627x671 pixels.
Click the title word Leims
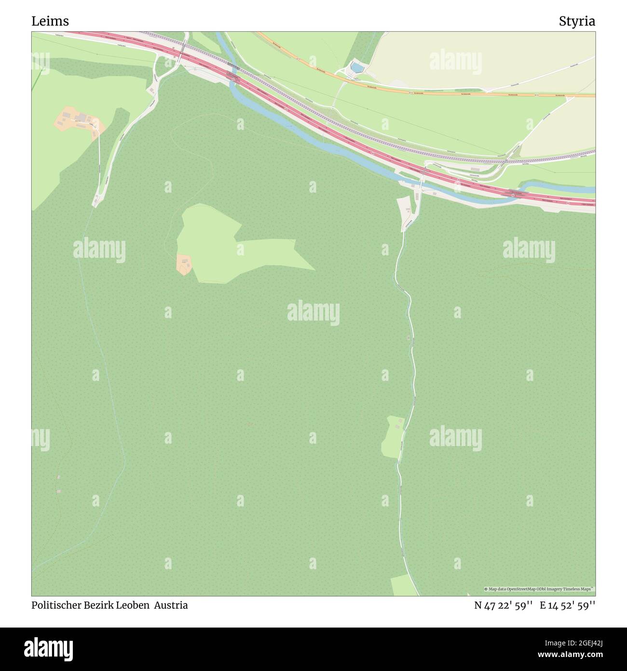[50, 21]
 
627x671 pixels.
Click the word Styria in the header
[577, 21]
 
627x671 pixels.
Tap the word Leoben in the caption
[134, 605]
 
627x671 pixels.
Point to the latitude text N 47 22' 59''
[503, 605]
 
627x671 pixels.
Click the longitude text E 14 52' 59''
[567, 605]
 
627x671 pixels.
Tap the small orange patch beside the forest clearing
[184, 264]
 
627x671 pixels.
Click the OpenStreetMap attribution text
[539, 589]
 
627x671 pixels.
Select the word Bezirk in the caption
[98, 605]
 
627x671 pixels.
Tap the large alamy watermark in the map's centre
[313, 312]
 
